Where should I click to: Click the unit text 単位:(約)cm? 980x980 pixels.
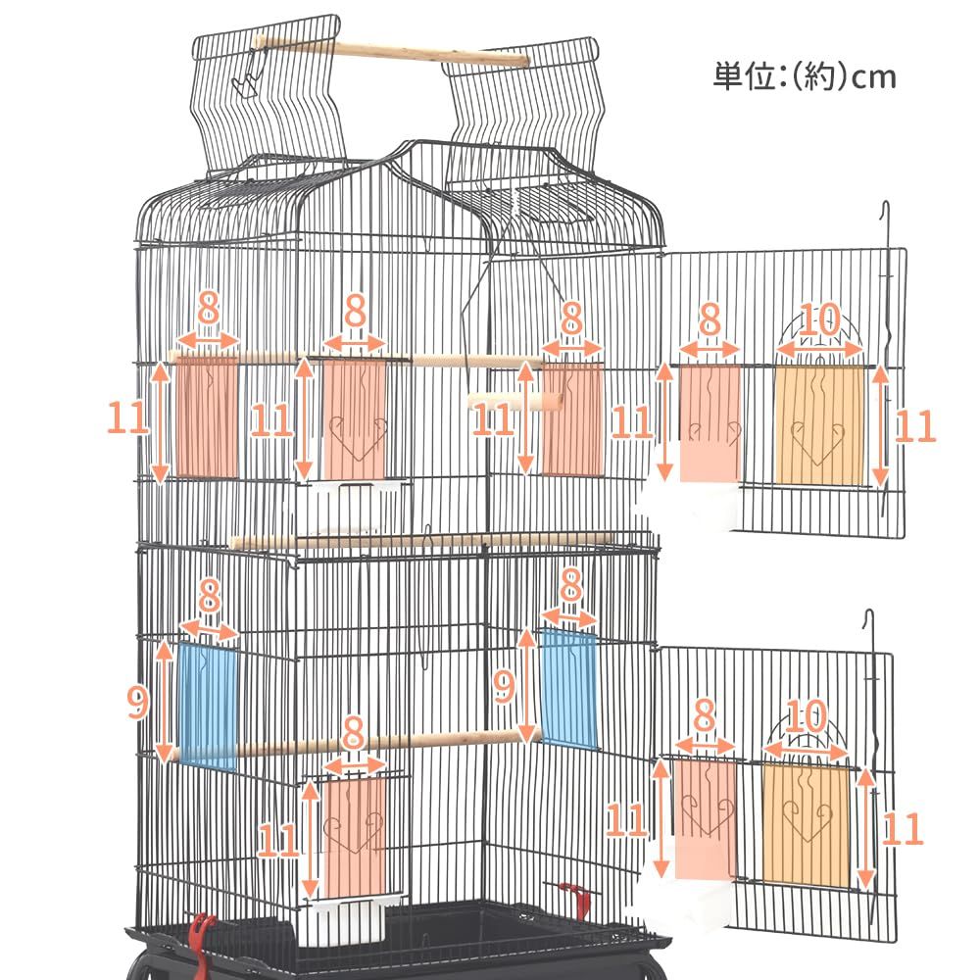[x=805, y=76]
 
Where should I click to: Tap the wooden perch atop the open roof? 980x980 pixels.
[x=393, y=49]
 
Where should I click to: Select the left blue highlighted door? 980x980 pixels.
[x=208, y=705]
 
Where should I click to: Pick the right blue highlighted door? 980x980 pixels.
[x=568, y=689]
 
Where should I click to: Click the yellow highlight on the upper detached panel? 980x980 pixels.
[x=819, y=425]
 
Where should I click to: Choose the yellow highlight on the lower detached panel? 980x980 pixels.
[x=807, y=824]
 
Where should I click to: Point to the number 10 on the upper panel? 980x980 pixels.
[x=819, y=319]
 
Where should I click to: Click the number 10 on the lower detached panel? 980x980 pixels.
[x=807, y=715]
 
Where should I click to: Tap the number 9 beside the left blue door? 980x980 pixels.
[x=137, y=702]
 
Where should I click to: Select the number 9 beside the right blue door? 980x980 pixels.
[x=505, y=686]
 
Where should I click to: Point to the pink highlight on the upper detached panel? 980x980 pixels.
[x=710, y=423]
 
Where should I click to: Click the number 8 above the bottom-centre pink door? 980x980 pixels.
[x=354, y=731]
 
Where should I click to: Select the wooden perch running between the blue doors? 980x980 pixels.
[x=355, y=745]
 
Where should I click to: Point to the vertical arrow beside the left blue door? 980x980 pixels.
[x=165, y=702]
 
